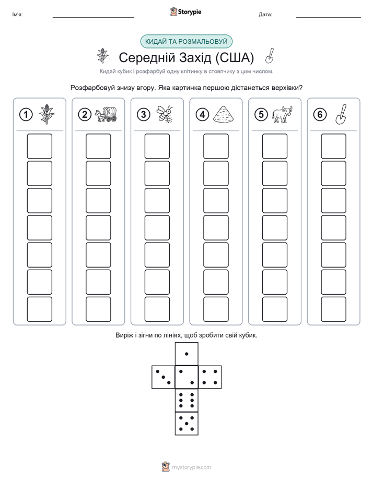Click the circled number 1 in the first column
tap(26, 115)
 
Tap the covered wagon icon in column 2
tap(106, 114)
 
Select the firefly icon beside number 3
tap(165, 114)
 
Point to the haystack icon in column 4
tap(224, 115)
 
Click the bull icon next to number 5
tap(282, 115)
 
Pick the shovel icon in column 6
tap(341, 114)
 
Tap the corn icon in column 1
tap(47, 114)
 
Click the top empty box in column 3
tap(157, 146)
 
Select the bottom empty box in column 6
tap(334, 309)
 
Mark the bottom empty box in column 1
tap(39, 309)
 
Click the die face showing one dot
tap(186, 354)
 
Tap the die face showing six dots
tap(186, 400)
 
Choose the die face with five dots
tap(186, 423)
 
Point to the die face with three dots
tap(164, 377)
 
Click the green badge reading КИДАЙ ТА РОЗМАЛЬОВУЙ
tap(186, 42)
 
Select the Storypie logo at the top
tap(185, 12)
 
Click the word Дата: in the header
tap(265, 15)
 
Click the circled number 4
tap(202, 115)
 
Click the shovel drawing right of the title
tap(270, 56)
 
